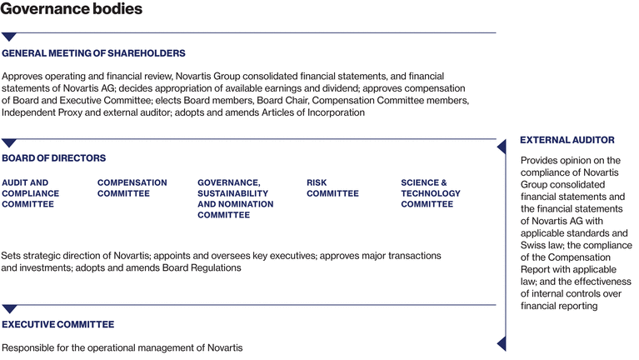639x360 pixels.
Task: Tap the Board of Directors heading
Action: coord(54,157)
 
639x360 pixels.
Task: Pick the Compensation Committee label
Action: coord(132,187)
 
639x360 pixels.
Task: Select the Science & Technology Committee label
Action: coord(430,193)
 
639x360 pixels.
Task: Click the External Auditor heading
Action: coord(567,140)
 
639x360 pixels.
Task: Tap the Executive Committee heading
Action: coord(58,324)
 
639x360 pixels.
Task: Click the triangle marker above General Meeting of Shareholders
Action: coord(9,37)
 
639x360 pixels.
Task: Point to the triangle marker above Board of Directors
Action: coord(9,142)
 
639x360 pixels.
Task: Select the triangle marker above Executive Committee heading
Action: coord(9,309)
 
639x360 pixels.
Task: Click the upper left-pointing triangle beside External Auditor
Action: coord(502,147)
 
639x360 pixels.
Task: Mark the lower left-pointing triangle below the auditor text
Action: coord(502,342)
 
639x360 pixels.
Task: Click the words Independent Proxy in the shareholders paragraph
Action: coord(39,112)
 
